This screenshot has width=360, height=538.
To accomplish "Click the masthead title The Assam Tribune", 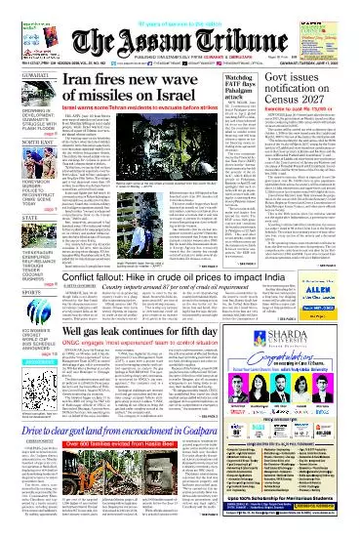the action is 180,29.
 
